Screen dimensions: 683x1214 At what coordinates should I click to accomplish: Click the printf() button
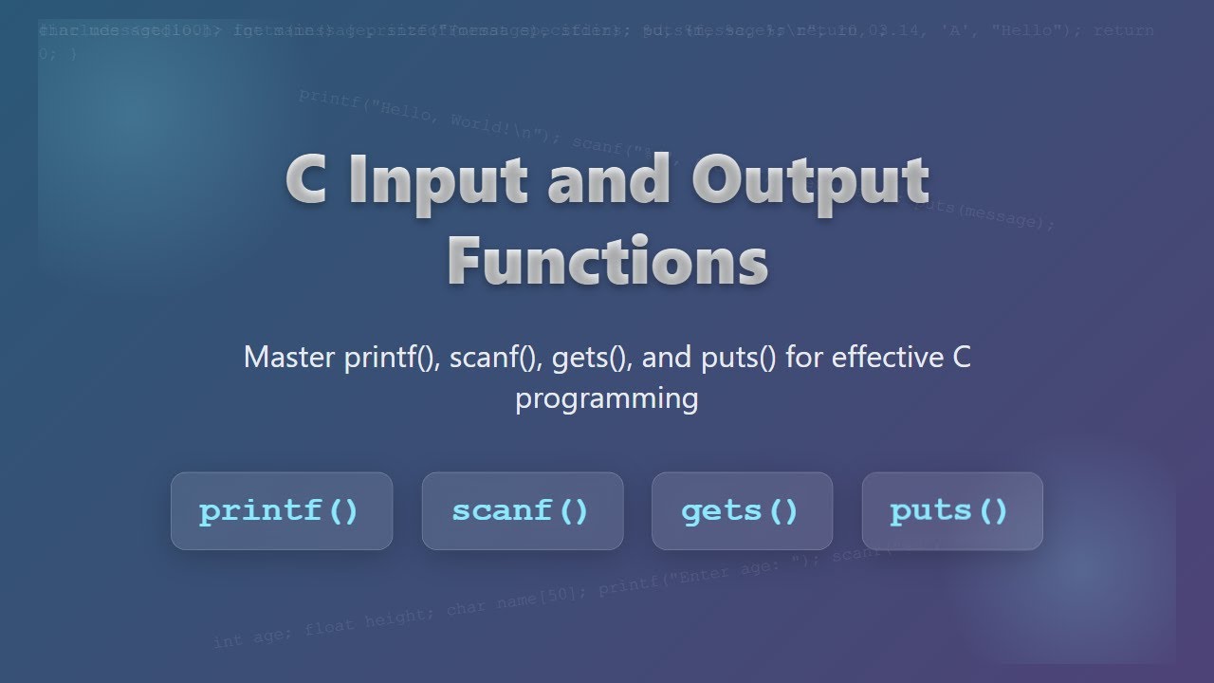[281, 511]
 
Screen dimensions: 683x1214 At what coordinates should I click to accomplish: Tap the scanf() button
[522, 511]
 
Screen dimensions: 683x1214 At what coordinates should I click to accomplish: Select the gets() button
[741, 511]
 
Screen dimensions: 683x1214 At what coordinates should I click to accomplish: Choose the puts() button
[951, 511]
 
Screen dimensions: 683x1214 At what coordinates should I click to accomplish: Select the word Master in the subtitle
[289, 358]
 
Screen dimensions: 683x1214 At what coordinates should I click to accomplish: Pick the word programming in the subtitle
[607, 398]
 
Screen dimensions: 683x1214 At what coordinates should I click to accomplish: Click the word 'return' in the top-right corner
[1124, 30]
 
